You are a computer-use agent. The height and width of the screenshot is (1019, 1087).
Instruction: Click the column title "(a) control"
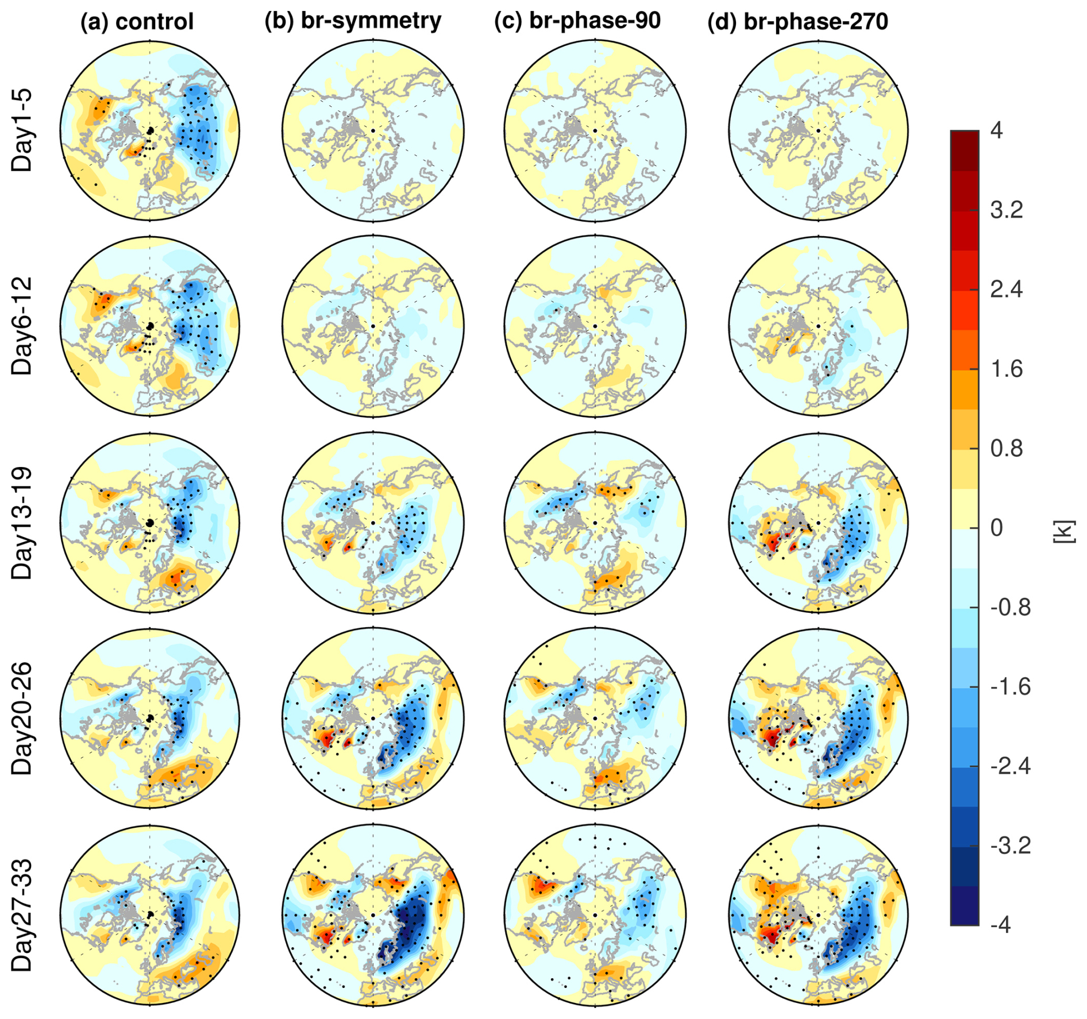tap(137, 22)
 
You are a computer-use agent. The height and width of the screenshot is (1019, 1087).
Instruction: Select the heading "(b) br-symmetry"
tap(353, 21)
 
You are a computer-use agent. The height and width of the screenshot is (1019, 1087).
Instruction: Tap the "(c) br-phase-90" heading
tap(577, 21)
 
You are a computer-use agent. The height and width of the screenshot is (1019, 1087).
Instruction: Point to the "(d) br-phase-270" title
tap(797, 22)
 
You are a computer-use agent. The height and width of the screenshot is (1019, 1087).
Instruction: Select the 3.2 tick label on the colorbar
tap(1006, 210)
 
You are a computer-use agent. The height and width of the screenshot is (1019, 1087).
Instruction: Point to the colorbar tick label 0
tap(997, 527)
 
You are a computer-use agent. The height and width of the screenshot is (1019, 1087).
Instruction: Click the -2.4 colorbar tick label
tap(1010, 766)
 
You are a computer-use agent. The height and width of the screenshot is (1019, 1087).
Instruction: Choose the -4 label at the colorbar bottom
tap(1001, 925)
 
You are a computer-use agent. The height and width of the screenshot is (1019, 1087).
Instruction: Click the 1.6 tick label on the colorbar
tap(1006, 369)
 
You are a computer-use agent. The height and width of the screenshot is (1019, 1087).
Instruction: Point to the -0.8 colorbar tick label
tap(1010, 607)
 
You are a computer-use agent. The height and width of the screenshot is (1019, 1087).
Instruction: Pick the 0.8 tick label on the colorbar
tap(1006, 448)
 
